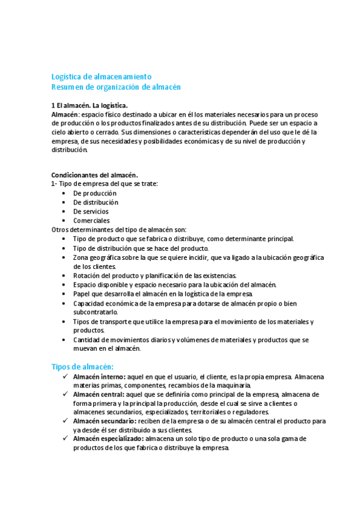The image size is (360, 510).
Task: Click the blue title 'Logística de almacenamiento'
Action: click(x=101, y=77)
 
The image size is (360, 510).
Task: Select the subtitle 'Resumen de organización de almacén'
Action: click(x=116, y=87)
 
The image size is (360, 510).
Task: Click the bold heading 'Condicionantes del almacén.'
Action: click(x=94, y=175)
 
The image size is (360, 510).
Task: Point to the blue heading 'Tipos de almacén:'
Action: click(x=84, y=367)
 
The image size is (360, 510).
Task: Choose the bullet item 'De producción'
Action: click(x=95, y=193)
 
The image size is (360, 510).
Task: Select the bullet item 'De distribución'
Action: click(x=96, y=202)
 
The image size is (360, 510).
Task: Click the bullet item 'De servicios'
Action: click(x=91, y=211)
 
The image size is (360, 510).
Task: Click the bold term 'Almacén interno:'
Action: click(x=99, y=376)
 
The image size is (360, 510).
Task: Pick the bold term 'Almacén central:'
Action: click(x=99, y=395)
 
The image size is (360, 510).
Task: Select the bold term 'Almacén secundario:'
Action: click(x=103, y=421)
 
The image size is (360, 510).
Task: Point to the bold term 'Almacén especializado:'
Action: click(x=108, y=439)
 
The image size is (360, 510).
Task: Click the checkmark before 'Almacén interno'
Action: click(x=66, y=376)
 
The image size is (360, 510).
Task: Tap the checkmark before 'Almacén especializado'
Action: click(x=66, y=439)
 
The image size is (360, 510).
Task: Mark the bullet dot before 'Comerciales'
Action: click(x=64, y=220)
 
